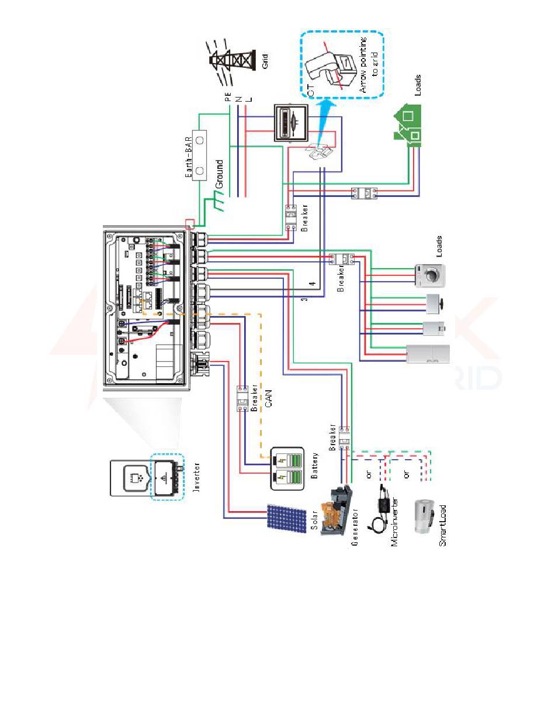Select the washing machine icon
point(429,276)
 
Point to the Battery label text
point(314,465)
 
